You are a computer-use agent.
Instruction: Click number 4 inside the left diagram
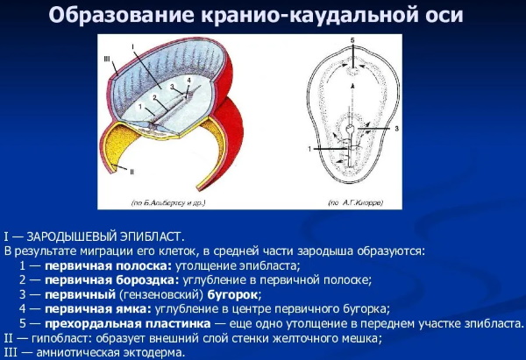click(187, 81)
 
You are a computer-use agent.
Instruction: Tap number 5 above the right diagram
click(351, 41)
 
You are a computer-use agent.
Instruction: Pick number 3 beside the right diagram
click(395, 128)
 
